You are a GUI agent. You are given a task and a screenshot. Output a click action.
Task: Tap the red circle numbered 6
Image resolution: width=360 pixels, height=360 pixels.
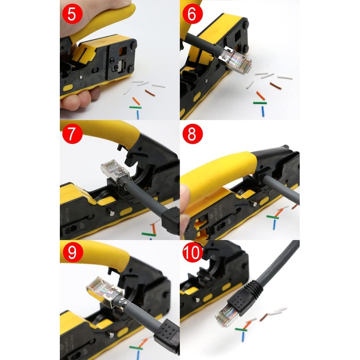pyautogui.click(x=192, y=14)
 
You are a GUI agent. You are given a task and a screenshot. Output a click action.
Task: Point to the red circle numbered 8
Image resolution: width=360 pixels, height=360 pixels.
pyautogui.click(x=192, y=134)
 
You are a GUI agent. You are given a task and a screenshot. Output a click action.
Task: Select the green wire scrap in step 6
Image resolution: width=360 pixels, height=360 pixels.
pyautogui.click(x=260, y=103)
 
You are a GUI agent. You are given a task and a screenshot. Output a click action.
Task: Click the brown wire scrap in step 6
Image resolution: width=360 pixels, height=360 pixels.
pyautogui.click(x=275, y=85)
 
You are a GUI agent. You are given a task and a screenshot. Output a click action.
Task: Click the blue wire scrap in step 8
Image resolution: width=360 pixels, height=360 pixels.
pyautogui.click(x=274, y=224)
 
